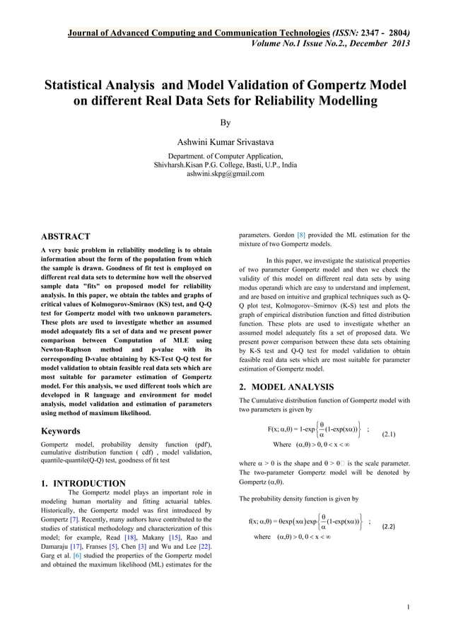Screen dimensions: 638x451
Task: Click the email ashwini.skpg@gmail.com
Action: pos(225,173)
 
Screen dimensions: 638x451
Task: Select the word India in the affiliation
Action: pos(287,164)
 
